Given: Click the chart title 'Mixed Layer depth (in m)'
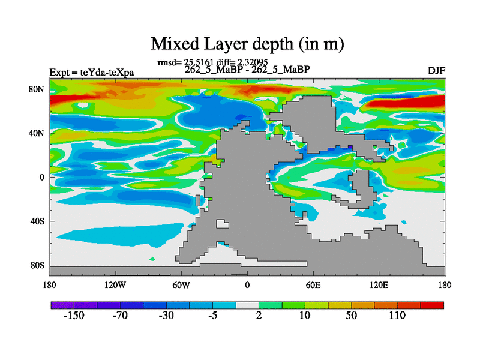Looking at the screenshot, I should pos(247,44).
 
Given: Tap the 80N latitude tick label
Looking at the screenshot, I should pos(37,89).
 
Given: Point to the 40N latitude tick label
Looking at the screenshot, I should pos(37,133).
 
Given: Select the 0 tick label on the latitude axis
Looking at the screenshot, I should pos(42,177).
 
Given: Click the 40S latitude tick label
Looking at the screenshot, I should pos(37,221).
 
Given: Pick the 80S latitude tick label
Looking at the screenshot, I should pos(37,265).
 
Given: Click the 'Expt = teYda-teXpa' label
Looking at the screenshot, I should pos(92,73).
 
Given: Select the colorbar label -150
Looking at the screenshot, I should pos(75,317).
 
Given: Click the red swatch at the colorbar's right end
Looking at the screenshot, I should pos(432,305).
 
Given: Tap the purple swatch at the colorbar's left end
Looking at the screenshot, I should pos(62,305).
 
